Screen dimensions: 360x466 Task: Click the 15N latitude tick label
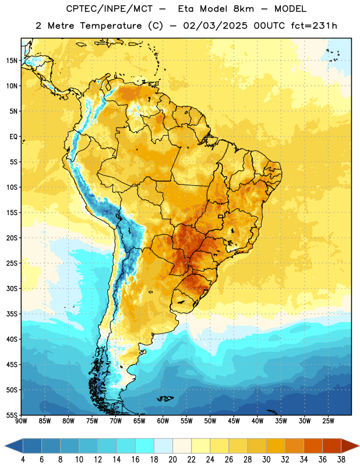coord(12,61)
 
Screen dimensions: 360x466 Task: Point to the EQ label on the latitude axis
coord(13,137)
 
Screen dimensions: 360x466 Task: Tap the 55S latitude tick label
coord(12,415)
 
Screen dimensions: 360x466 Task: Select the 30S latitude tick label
coord(12,288)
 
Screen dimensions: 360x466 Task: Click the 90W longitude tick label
coord(21,421)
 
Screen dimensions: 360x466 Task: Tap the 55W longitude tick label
coord(186,421)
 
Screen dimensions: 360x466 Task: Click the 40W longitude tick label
coord(257,421)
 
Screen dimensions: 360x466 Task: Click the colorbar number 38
coord(341,460)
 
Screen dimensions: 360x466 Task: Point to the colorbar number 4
coord(23,460)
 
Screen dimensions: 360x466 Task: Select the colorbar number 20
coord(172,460)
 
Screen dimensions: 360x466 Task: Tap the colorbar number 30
coord(266,460)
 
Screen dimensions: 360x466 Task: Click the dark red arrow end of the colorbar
coord(349,446)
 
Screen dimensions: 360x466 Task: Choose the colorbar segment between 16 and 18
coord(145,446)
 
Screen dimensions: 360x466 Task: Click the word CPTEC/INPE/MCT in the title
coord(109,9)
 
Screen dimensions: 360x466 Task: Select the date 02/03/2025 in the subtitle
coord(215,26)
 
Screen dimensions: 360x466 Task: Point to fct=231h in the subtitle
coord(314,26)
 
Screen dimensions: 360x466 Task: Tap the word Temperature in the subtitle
coord(111,26)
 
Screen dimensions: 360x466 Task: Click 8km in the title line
coord(243,9)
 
